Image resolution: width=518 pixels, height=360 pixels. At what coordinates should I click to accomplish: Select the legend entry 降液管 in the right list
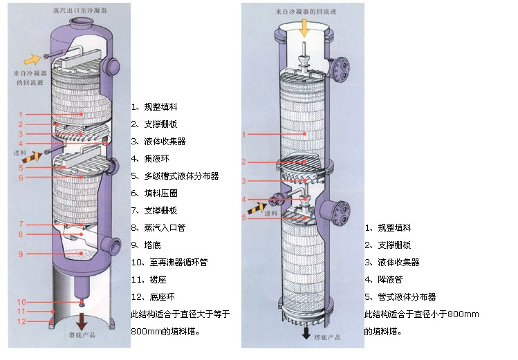point(388,279)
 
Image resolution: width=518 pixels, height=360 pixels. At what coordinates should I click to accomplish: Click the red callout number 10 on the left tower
point(22,302)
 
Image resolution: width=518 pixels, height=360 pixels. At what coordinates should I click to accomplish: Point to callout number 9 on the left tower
point(21,254)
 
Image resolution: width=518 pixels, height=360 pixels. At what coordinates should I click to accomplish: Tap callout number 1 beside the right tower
point(243,134)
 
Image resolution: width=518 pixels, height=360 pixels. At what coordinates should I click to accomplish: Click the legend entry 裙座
point(151,279)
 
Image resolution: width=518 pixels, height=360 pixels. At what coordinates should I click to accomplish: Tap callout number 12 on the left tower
point(22,321)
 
